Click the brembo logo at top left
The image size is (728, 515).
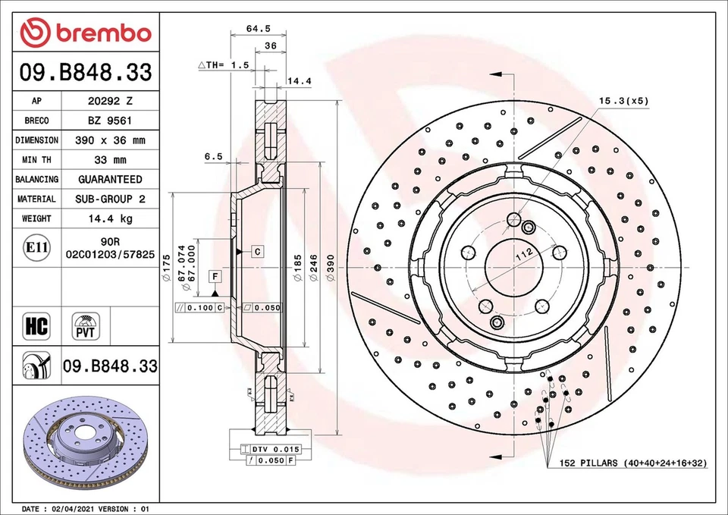pyautogui.click(x=86, y=32)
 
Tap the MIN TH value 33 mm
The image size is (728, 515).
pyautogui.click(x=109, y=160)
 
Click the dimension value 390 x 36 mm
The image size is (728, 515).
pyautogui.click(x=111, y=140)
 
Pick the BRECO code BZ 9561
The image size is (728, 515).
pyautogui.click(x=111, y=121)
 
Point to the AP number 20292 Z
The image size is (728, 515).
pyautogui.click(x=111, y=101)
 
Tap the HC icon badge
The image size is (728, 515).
pyautogui.click(x=36, y=326)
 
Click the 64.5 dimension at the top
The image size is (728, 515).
pyautogui.click(x=259, y=29)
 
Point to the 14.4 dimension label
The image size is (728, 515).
pyautogui.click(x=299, y=80)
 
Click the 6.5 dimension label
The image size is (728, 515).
pyautogui.click(x=213, y=156)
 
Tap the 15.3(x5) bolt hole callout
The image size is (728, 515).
pyautogui.click(x=623, y=100)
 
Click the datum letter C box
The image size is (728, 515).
pyautogui.click(x=258, y=250)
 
